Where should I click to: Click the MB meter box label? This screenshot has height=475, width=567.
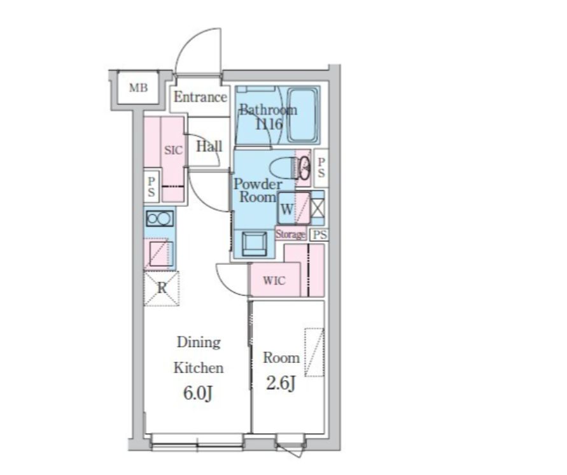(x=139, y=87)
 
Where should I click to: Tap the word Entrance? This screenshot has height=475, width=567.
(x=200, y=97)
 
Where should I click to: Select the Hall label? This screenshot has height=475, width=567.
(x=209, y=146)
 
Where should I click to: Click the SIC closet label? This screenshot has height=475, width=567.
(x=174, y=150)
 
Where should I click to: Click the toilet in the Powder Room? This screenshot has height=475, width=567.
(x=286, y=168)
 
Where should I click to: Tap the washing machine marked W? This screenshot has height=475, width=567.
(x=294, y=208)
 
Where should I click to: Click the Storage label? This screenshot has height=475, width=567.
(x=290, y=234)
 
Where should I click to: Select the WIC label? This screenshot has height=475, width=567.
(x=274, y=280)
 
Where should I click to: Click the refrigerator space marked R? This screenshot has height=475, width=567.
(x=162, y=288)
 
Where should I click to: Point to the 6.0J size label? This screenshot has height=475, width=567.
(x=197, y=393)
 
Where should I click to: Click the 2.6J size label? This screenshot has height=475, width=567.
(x=281, y=383)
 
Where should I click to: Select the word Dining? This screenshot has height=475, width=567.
(x=199, y=342)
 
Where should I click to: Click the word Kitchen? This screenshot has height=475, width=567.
(x=199, y=367)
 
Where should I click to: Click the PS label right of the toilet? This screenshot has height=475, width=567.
(x=321, y=167)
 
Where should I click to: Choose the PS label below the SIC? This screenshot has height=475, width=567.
(x=151, y=187)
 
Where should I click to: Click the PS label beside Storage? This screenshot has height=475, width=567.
(x=319, y=235)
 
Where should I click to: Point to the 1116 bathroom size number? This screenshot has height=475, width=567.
(x=269, y=124)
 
